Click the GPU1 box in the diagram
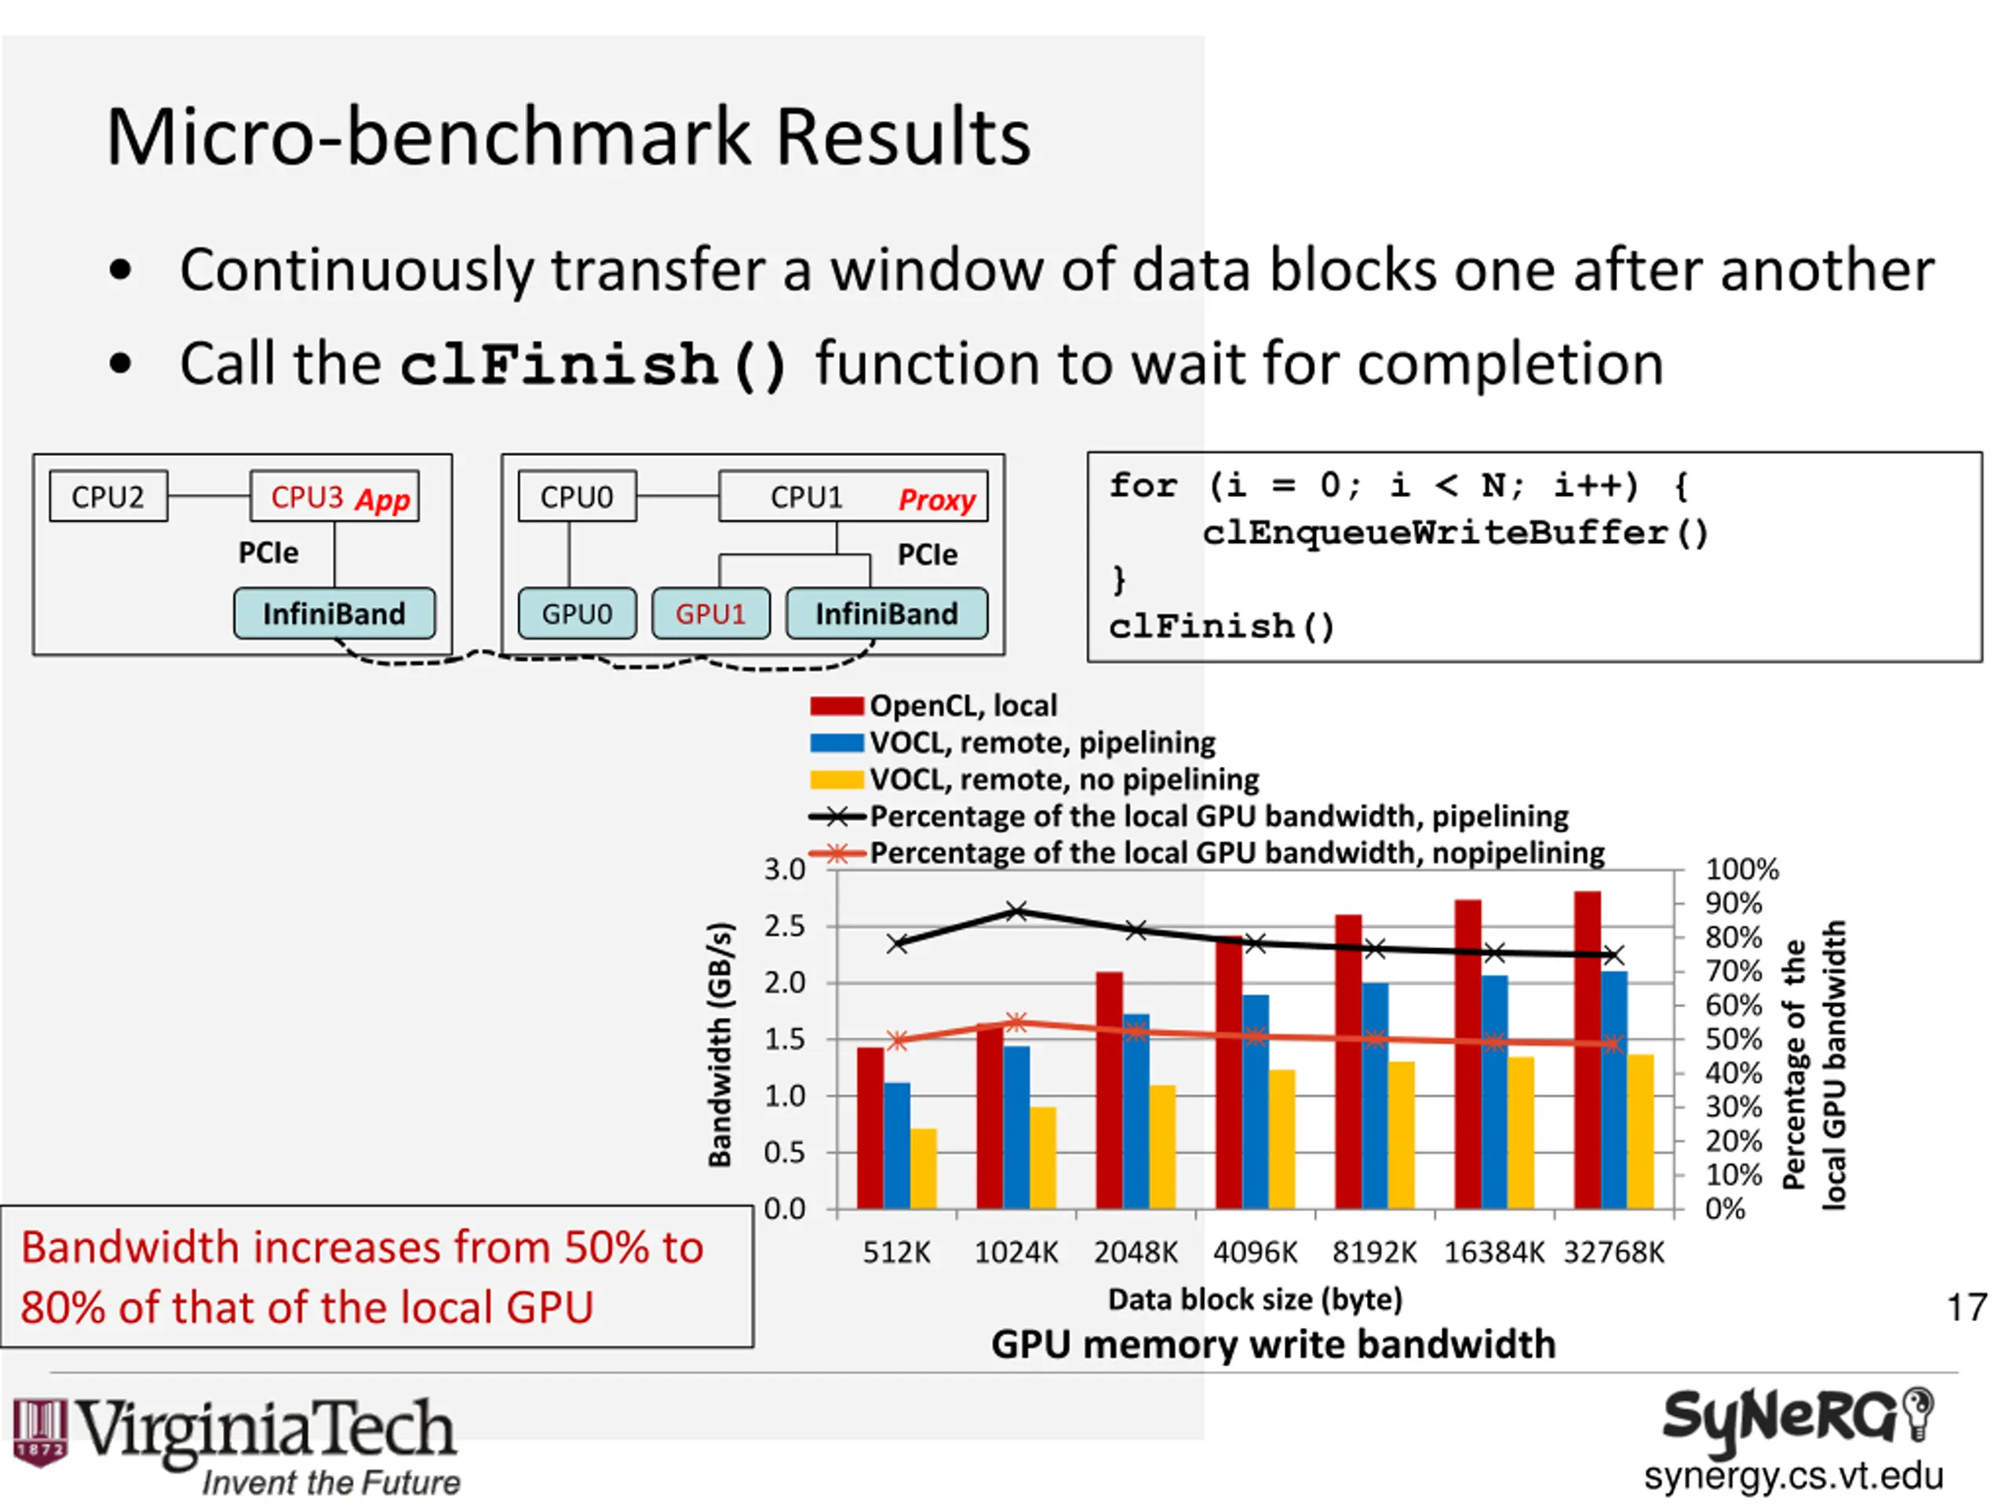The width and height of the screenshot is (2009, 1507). coord(710,614)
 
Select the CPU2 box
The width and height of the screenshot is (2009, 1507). coord(108,496)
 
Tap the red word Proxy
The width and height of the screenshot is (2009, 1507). coord(935,500)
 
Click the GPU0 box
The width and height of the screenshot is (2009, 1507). coord(577,614)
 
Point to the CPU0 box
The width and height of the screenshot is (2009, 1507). coord(577,496)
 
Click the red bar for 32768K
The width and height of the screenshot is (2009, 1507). coord(1587,1049)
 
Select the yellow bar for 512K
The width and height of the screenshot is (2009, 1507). coord(923,1168)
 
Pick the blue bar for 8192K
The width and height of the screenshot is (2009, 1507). coord(1374,1095)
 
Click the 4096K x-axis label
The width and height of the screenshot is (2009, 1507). coord(1255,1253)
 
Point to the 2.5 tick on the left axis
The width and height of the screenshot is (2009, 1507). coord(784,926)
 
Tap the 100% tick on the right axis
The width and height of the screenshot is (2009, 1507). coord(1741,870)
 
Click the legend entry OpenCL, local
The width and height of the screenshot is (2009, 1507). coord(963,706)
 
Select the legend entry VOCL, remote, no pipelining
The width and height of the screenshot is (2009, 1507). coord(1063,779)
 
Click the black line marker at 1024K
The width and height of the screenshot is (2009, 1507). coord(1017,911)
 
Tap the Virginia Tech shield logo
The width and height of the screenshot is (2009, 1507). coord(40,1432)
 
